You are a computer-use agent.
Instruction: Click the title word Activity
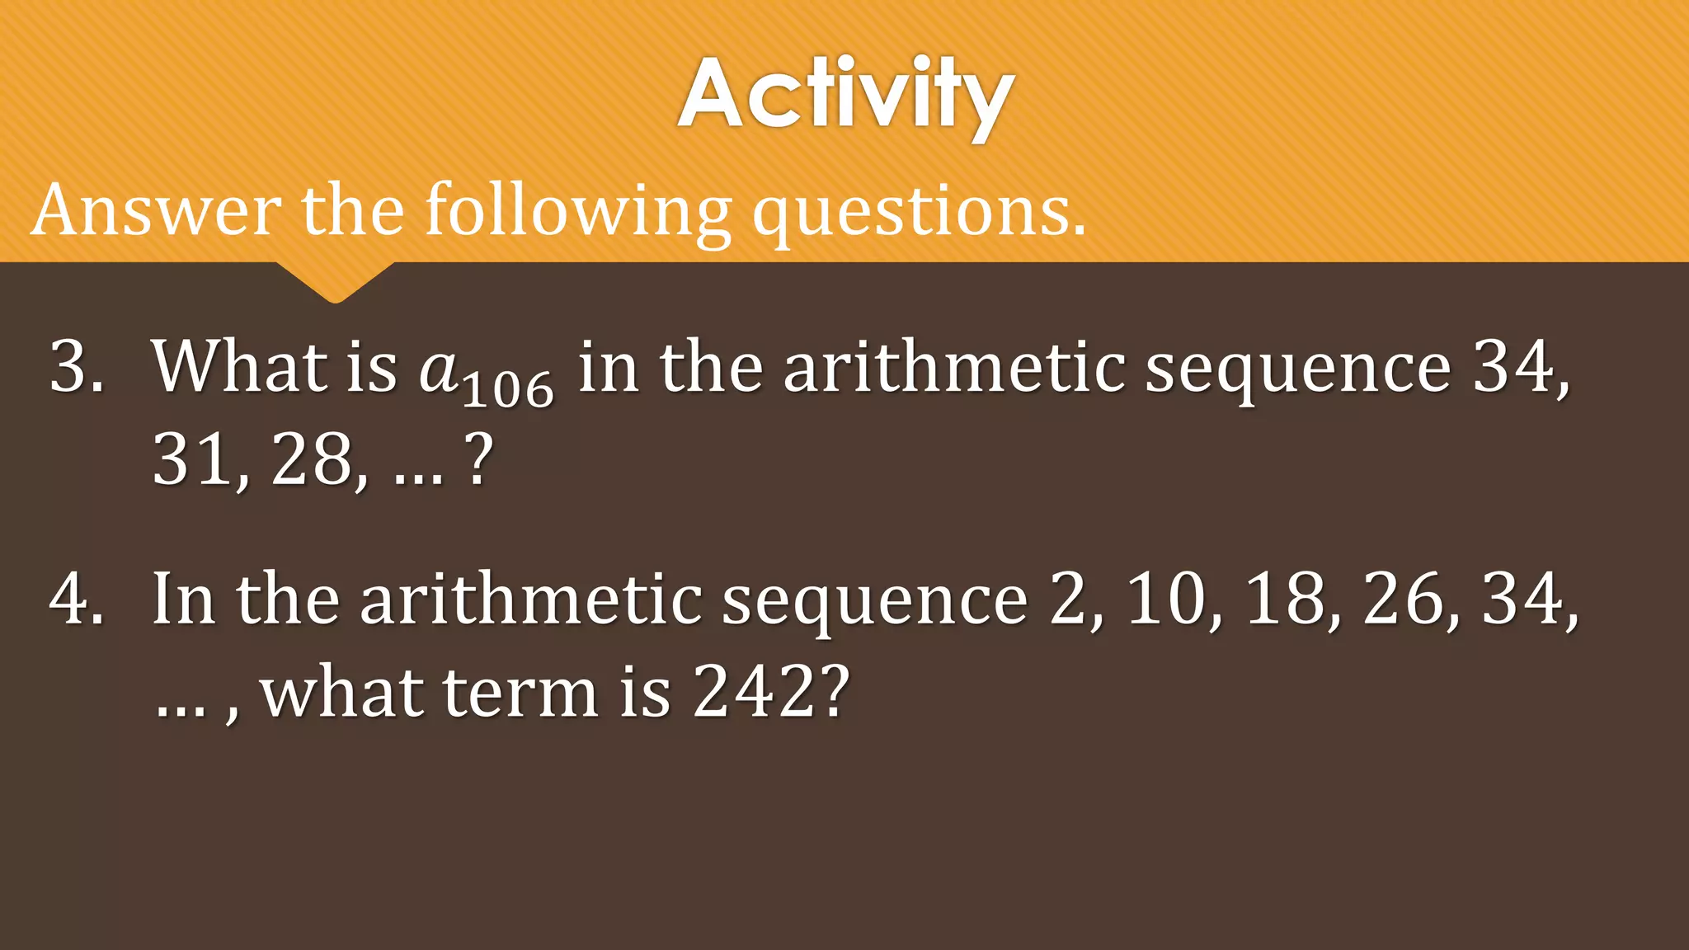(845, 95)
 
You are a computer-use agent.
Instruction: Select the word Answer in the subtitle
(156, 211)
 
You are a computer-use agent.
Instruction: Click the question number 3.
(75, 366)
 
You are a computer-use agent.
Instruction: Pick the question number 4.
(75, 599)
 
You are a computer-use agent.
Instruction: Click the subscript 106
(508, 390)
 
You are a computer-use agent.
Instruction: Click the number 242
(752, 693)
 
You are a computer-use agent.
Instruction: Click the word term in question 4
(520, 693)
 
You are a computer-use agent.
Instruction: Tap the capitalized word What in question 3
(240, 366)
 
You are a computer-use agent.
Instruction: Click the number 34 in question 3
(1514, 366)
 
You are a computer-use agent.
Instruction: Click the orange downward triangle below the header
(335, 281)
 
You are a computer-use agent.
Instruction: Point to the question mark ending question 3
(479, 460)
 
